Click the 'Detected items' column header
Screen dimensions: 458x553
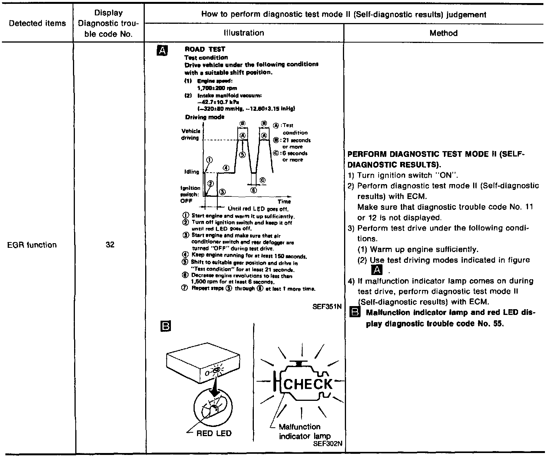click(37, 23)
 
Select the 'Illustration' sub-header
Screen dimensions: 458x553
click(244, 33)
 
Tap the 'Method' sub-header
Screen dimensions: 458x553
click(444, 33)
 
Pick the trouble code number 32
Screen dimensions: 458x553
click(110, 245)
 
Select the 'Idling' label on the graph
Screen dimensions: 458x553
click(192, 171)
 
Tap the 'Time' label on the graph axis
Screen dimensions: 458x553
click(284, 201)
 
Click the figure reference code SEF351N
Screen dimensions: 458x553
click(327, 306)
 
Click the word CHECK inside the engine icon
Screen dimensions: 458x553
click(307, 384)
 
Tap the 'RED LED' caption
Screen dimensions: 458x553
click(214, 433)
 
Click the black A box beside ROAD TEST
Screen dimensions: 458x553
click(162, 50)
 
